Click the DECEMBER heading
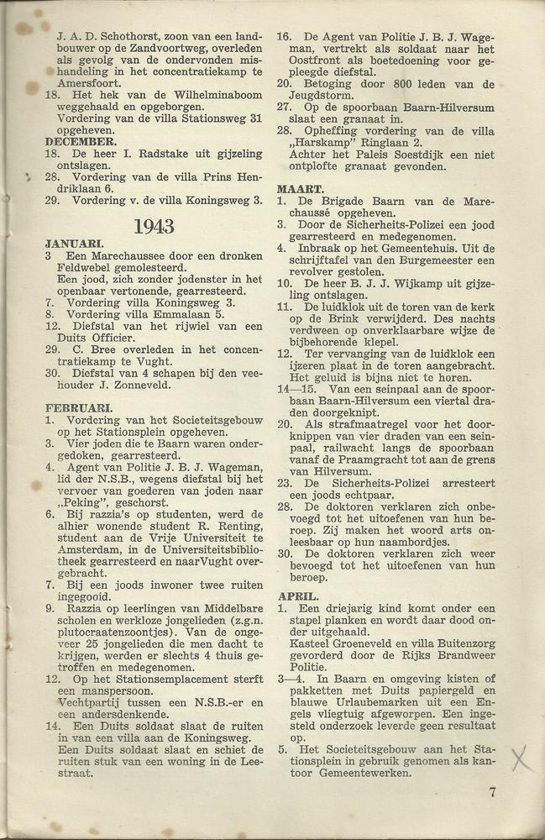(x=81, y=143)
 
